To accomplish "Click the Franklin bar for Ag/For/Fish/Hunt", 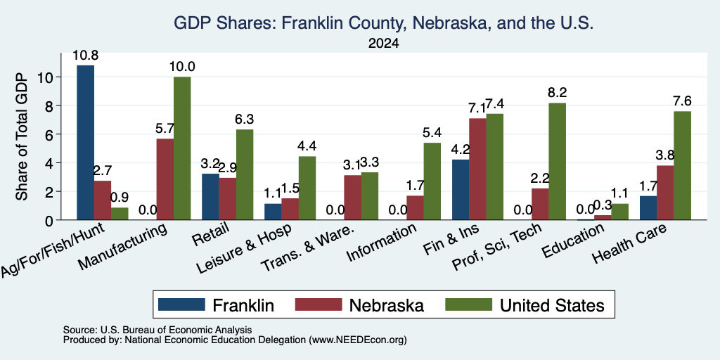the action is coord(85,142).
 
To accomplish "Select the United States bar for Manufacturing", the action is coord(182,148).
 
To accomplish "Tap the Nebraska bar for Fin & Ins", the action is coord(477,169).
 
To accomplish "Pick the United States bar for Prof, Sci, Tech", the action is coord(557,161).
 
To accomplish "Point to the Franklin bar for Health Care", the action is coord(648,208).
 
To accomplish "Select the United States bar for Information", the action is coord(432,181).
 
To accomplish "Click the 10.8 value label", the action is coord(85,56).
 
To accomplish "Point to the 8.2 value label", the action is coord(557,93).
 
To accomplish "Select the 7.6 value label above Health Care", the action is coord(682,101).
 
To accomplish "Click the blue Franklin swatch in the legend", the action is coord(181,304).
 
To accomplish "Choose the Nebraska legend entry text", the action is coord(386,305).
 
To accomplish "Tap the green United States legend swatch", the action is coord(468,304).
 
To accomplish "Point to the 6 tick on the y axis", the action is coord(50,134).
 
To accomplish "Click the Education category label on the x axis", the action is coord(573,241).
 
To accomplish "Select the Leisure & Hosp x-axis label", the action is coord(244,249).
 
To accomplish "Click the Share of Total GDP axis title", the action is coord(22,136).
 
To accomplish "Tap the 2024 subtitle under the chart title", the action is coord(383,44).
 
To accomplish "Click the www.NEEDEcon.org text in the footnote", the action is coord(358,340).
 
